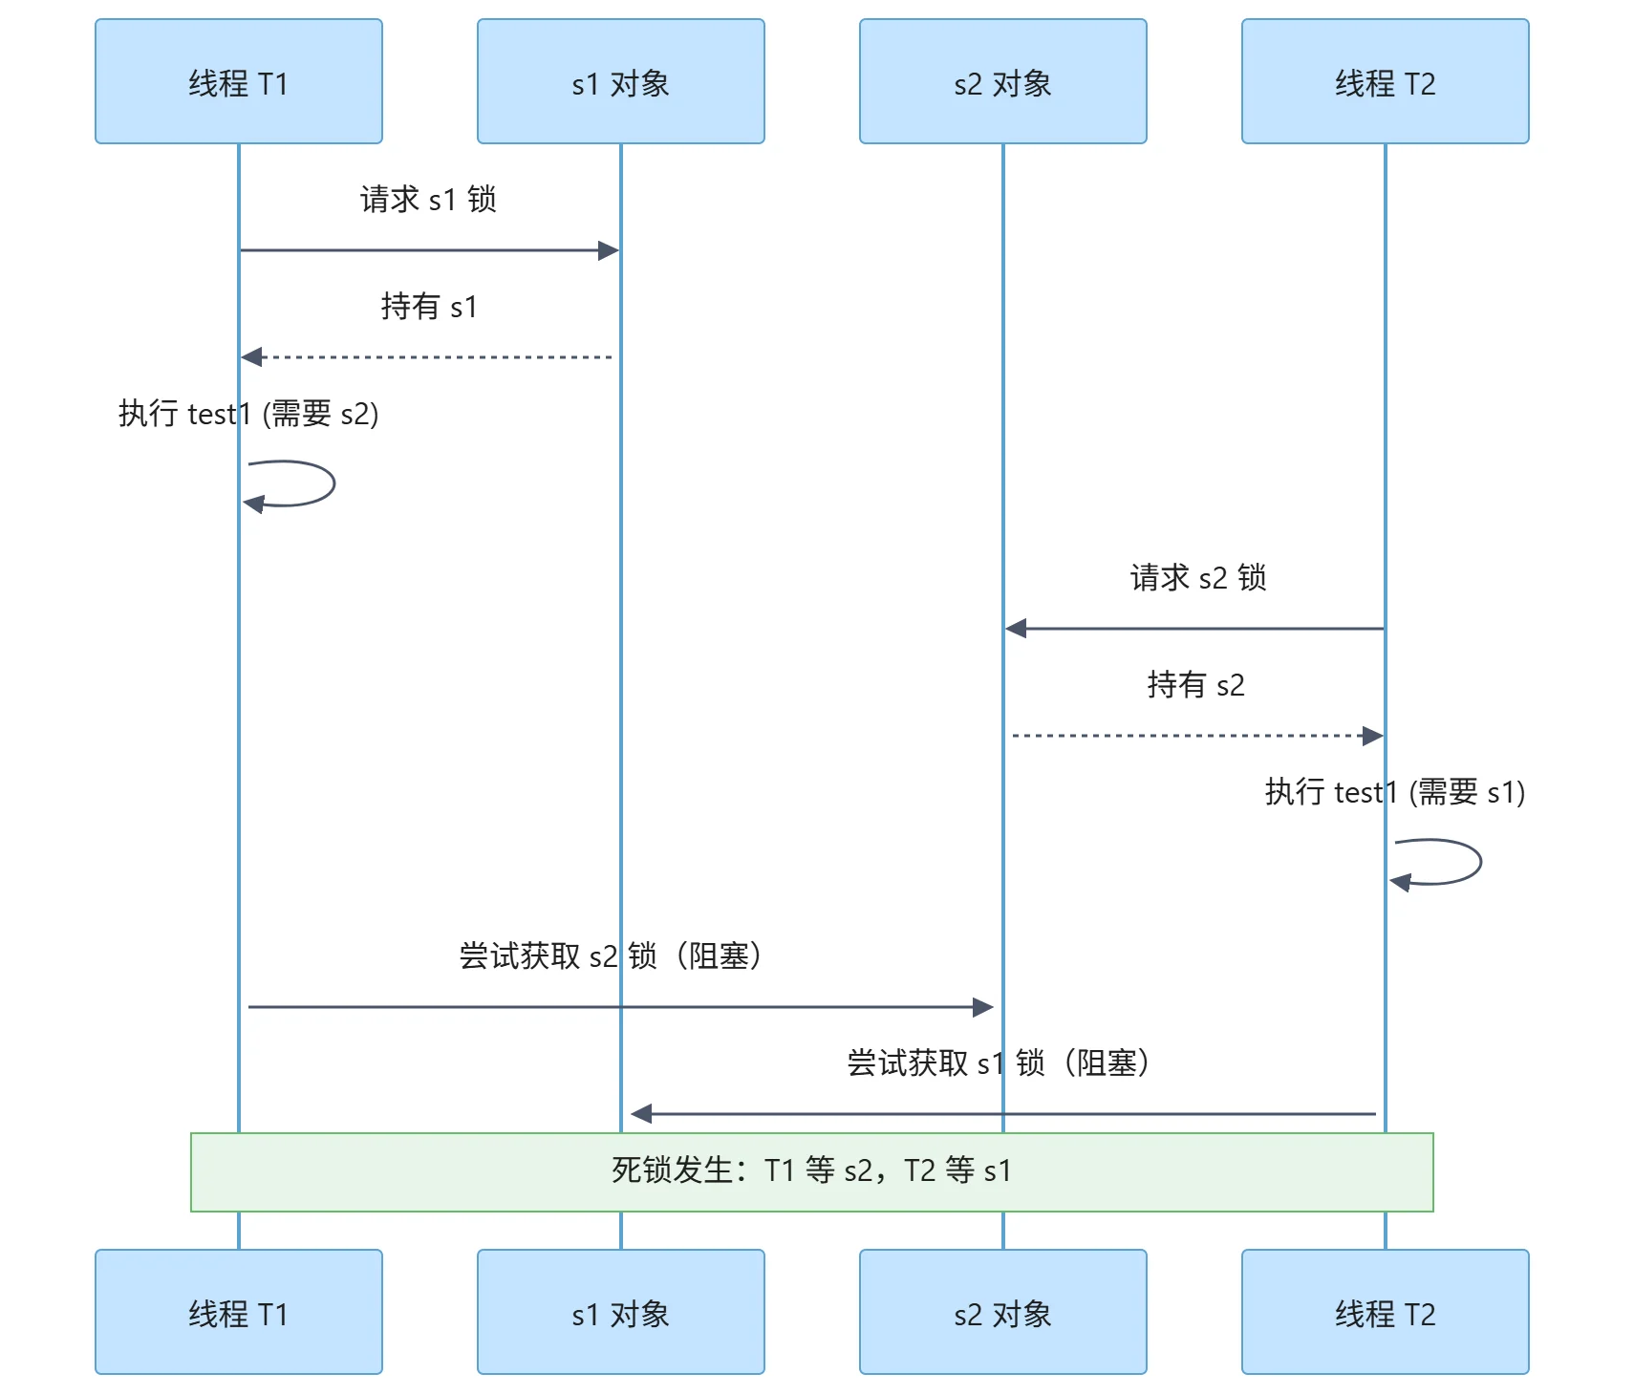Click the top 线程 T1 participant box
[239, 82]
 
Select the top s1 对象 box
[621, 82]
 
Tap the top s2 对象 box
[1003, 82]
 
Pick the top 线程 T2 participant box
[1386, 82]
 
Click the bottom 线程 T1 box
[239, 1312]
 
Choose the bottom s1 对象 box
[621, 1312]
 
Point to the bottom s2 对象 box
[1003, 1312]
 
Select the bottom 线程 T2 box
[1386, 1312]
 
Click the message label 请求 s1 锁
[428, 200]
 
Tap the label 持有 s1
[428, 307]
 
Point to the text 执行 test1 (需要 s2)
[248, 414]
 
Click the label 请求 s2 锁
[1198, 578]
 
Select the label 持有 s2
[1195, 685]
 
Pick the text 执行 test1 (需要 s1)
[1395, 792]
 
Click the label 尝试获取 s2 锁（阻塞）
[612, 956]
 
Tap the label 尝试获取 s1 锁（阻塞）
[1000, 1063]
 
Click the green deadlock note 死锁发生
[812, 1171]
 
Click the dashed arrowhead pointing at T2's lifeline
[1373, 736]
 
